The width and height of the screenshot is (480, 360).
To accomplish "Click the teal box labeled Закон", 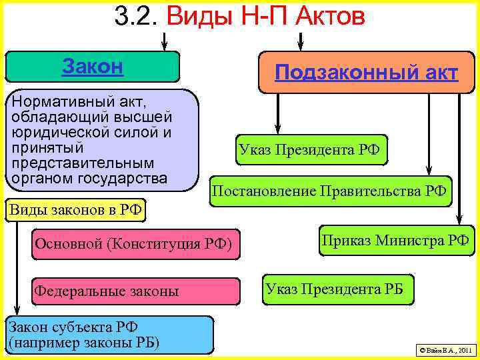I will click(x=93, y=67).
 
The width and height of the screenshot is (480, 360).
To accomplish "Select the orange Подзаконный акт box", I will click(x=365, y=72).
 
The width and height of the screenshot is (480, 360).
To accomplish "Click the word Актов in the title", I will click(x=324, y=17).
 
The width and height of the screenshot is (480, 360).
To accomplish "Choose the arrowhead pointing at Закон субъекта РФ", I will click(x=18, y=310).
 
